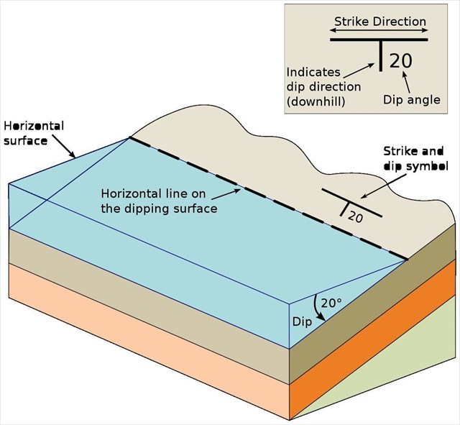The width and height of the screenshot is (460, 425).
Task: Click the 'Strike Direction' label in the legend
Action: tap(379, 21)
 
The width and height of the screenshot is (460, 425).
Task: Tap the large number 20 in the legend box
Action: tap(401, 60)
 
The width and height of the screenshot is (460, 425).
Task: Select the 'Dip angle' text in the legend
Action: tap(412, 100)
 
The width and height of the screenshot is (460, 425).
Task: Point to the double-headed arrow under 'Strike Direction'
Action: tap(379, 31)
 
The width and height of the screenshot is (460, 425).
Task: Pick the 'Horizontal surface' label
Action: tap(33, 133)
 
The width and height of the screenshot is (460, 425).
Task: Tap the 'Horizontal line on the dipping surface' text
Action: tap(159, 201)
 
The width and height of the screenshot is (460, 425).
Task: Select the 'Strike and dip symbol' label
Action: tap(415, 158)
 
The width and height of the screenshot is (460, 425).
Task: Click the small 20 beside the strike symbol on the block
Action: tap(355, 216)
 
